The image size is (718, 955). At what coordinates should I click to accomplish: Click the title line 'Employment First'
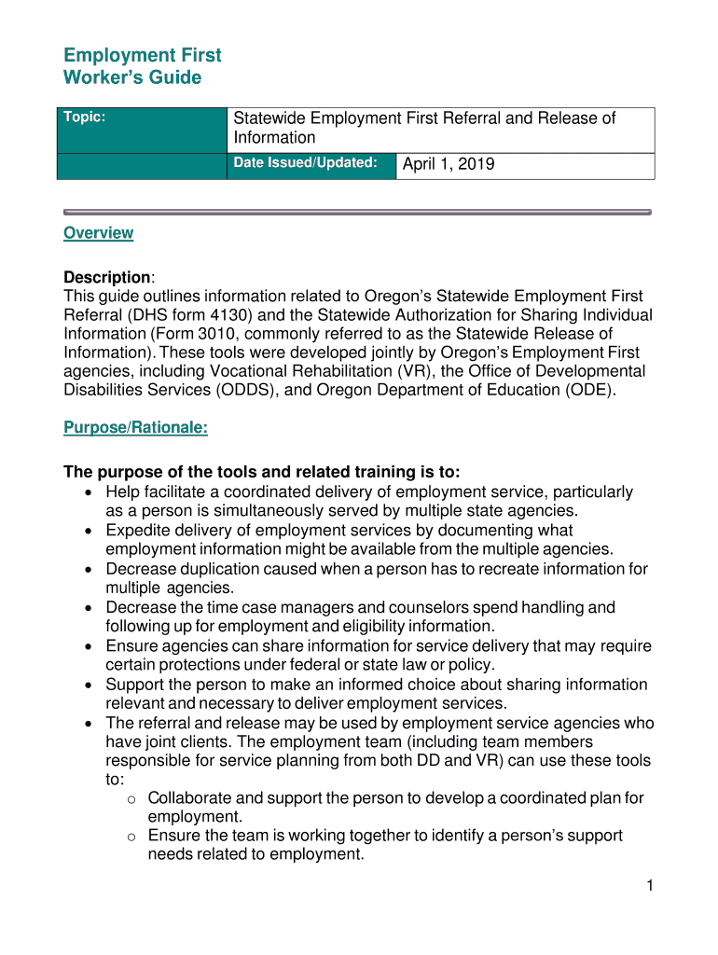click(x=142, y=56)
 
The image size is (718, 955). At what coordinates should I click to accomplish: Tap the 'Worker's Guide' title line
click(x=131, y=77)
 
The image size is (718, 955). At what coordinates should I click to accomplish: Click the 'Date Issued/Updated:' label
click(x=305, y=163)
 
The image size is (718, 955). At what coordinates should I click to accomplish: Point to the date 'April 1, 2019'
click(x=449, y=165)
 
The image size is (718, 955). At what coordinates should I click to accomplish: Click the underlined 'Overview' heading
click(x=98, y=233)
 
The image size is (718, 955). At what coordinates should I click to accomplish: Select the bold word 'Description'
click(x=106, y=278)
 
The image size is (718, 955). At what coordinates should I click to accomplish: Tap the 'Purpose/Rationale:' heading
click(x=135, y=427)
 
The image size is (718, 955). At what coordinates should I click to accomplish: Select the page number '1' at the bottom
click(x=649, y=887)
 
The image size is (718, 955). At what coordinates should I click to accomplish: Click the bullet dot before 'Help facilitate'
click(x=88, y=492)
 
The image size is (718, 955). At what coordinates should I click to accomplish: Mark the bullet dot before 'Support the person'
click(x=88, y=685)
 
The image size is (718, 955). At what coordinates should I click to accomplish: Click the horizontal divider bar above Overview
click(x=354, y=213)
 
